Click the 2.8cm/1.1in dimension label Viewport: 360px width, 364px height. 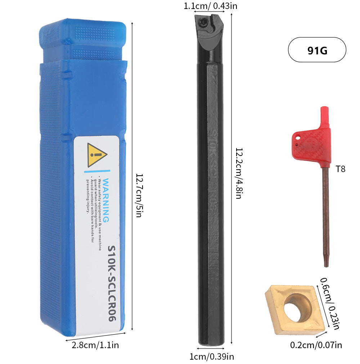(x=95, y=345)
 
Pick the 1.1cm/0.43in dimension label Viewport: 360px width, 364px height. (x=210, y=6)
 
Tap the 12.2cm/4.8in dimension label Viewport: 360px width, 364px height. (x=238, y=173)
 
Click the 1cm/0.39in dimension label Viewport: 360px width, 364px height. (x=212, y=356)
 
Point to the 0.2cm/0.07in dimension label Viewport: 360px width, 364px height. (x=316, y=345)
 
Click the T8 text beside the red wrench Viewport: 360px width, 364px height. (x=340, y=168)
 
